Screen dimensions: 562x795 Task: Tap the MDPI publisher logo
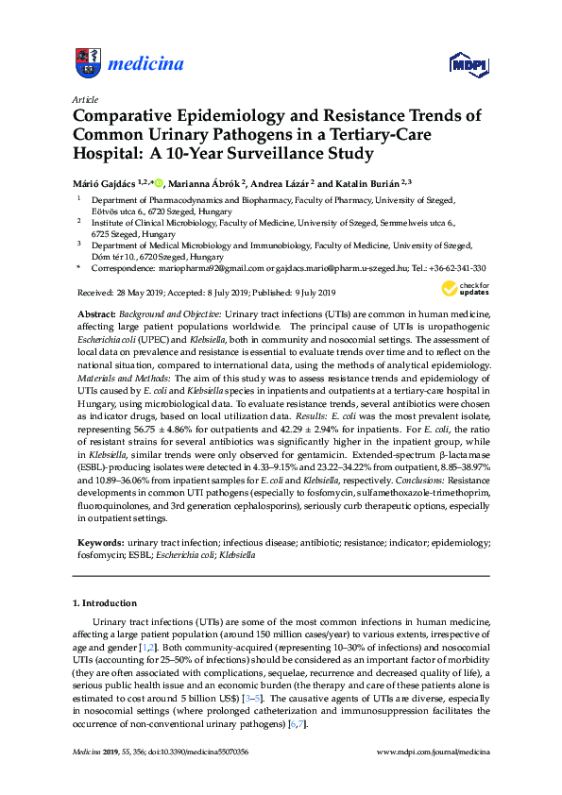point(468,65)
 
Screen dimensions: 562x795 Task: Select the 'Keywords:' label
point(99,544)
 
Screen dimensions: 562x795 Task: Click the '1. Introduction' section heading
point(105,602)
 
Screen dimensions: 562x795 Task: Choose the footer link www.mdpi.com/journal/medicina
point(434,752)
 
